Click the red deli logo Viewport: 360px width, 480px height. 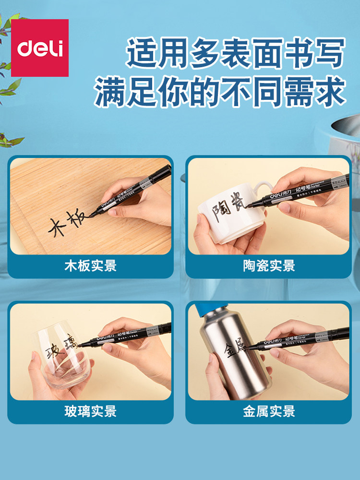point(40,48)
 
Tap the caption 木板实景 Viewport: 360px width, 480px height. point(90,265)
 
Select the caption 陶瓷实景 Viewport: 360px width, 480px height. point(269,265)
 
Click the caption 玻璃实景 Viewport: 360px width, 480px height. point(90,411)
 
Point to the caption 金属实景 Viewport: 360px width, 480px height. point(269,411)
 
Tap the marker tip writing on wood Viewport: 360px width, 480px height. point(91,216)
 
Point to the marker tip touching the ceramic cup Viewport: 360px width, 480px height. point(250,206)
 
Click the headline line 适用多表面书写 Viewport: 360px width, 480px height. point(235,53)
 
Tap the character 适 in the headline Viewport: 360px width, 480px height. point(143,53)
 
